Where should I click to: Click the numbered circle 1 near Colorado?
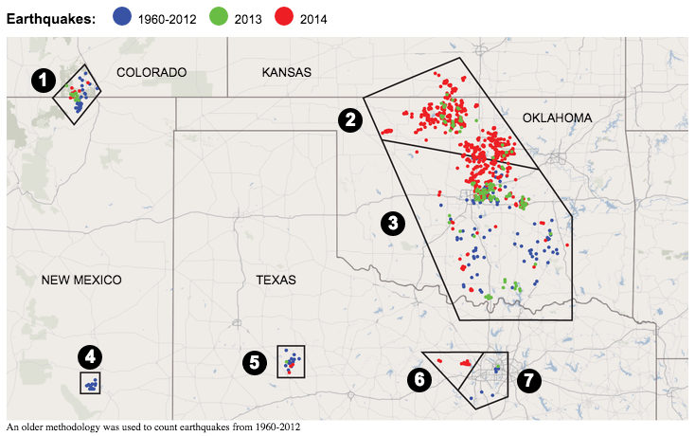tap(41, 81)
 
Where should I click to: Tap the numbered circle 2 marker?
tap(350, 119)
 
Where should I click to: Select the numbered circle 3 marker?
tap(391, 223)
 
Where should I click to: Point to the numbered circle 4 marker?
tap(89, 357)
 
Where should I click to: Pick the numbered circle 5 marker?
tap(254, 361)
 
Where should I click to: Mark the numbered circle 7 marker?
tap(527, 380)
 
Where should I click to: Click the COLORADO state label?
tap(151, 72)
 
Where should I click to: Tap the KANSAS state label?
tap(287, 72)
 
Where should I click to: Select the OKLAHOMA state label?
tap(557, 118)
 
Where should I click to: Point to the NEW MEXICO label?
tap(82, 280)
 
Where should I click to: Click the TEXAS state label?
tap(276, 280)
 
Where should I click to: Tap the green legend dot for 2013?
tap(217, 17)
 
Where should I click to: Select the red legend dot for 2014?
tap(285, 17)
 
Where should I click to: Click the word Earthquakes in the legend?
tap(51, 18)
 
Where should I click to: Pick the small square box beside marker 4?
tap(90, 383)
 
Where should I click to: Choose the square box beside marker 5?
tap(291, 361)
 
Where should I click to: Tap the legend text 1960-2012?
tap(165, 18)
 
